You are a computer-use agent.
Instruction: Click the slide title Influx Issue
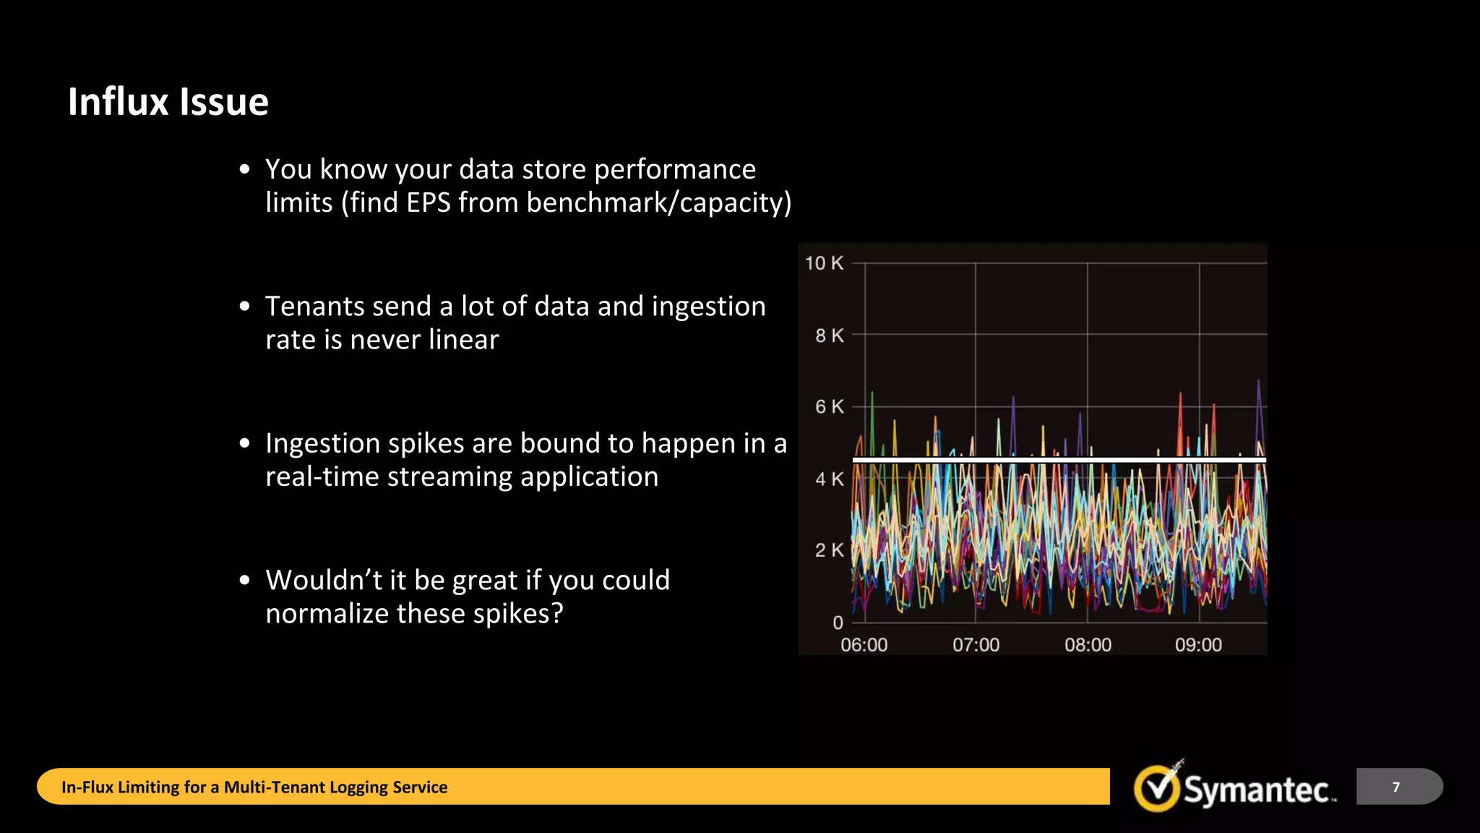coord(168,101)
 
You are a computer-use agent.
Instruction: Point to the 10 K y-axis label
coord(824,263)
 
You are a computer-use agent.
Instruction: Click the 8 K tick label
coord(829,336)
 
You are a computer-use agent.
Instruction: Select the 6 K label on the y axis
coord(829,407)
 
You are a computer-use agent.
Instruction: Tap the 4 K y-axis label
coord(829,479)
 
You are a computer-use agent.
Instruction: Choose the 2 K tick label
coord(829,550)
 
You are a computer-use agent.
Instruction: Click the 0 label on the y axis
coord(838,623)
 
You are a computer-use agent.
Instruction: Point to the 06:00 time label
coord(864,645)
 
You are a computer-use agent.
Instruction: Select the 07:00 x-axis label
coord(976,645)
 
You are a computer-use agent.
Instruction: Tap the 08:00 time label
coord(1088,645)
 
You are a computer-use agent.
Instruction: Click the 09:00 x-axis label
coord(1198,645)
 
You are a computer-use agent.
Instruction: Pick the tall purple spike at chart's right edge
coord(1258,405)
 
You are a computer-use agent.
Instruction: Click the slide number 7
coord(1396,787)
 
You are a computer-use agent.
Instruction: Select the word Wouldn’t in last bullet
coord(323,580)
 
